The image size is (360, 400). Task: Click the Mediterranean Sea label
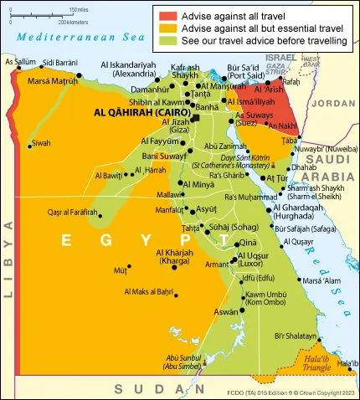coord(70,38)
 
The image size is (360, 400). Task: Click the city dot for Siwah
coord(29,146)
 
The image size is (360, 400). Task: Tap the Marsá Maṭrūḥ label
coord(52,80)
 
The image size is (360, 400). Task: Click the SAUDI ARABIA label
coord(332,167)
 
